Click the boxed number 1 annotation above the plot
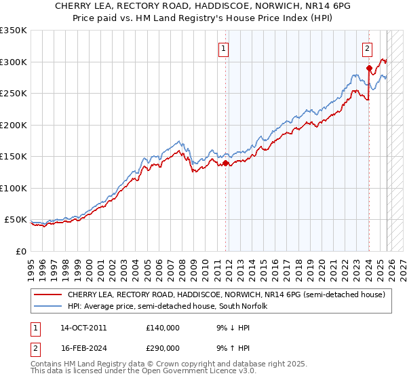[x=224, y=48]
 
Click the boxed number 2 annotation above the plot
[x=367, y=48]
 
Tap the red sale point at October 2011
[x=226, y=163]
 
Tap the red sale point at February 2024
[x=369, y=68]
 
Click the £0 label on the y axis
[x=20, y=251]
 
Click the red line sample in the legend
[x=47, y=295]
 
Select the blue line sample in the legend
[x=47, y=306]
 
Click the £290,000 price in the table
[x=163, y=347]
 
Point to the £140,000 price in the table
[x=163, y=327]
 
